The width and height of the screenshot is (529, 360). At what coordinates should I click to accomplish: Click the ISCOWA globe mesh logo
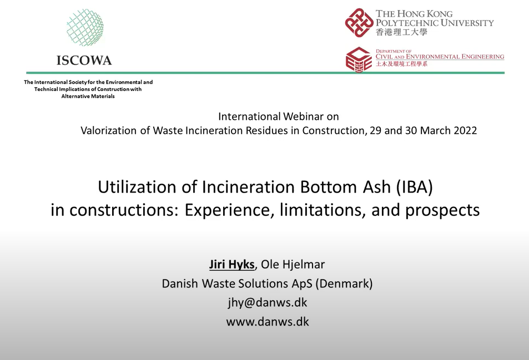pyautogui.click(x=85, y=27)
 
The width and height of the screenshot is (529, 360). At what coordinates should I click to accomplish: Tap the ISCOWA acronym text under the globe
pyautogui.click(x=84, y=60)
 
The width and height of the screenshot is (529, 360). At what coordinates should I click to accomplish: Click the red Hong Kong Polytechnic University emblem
pyautogui.click(x=359, y=23)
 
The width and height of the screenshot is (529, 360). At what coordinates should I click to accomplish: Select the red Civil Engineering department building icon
pyautogui.click(x=359, y=60)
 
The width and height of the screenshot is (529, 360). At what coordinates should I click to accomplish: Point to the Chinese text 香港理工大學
pyautogui.click(x=402, y=32)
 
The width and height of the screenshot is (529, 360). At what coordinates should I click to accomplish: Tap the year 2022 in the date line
pyautogui.click(x=465, y=130)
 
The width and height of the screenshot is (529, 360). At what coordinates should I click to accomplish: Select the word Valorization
pyautogui.click(x=109, y=130)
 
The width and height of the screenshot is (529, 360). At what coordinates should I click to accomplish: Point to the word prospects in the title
pyautogui.click(x=442, y=211)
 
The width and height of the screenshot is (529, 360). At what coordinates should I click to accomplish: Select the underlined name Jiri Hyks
pyautogui.click(x=232, y=265)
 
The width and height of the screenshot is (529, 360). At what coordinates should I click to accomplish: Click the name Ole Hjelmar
pyautogui.click(x=293, y=265)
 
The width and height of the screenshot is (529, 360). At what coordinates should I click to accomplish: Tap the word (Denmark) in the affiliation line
pyautogui.click(x=344, y=284)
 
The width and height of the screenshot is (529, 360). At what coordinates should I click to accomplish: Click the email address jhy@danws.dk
pyautogui.click(x=268, y=303)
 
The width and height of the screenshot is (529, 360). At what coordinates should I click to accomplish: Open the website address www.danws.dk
pyautogui.click(x=268, y=322)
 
